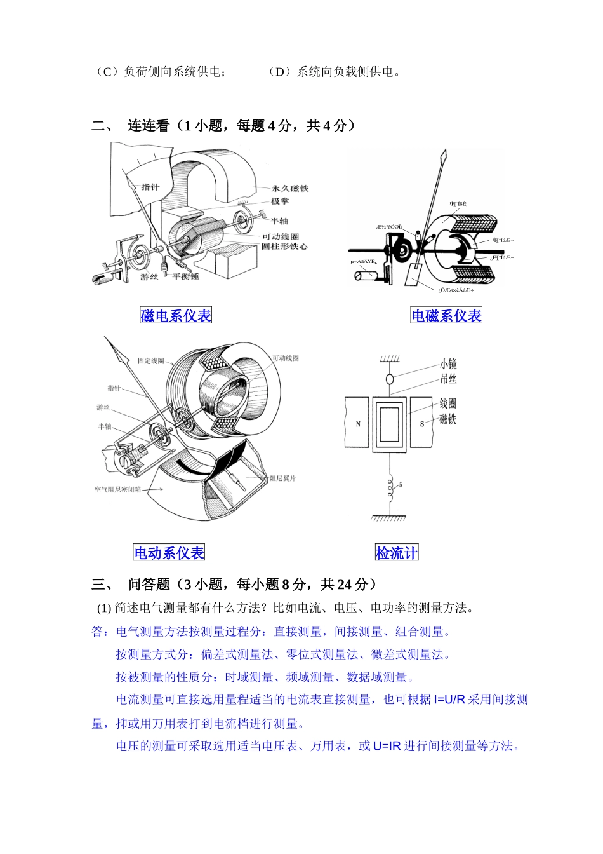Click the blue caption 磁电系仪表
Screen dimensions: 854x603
[x=176, y=316]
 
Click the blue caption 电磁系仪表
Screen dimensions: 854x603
[x=446, y=316]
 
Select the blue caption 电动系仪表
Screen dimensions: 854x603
[x=169, y=553]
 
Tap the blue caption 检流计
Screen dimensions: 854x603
[x=397, y=553]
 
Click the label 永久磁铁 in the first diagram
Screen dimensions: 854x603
[x=289, y=188]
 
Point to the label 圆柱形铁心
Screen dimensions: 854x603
[x=284, y=246]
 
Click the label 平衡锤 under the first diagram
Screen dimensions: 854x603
[x=187, y=277]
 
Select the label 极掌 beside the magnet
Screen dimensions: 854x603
[x=280, y=201]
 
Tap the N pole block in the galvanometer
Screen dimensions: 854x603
[x=357, y=423]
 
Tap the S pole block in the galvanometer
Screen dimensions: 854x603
[x=422, y=423]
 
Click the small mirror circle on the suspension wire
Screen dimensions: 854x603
[x=390, y=379]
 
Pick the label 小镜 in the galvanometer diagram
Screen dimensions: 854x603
[x=448, y=364]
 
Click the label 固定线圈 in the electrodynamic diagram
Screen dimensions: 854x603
[x=150, y=361]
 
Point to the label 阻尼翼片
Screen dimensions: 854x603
[x=282, y=478]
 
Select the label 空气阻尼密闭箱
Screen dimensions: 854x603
[x=118, y=489]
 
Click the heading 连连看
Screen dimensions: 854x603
[x=149, y=126]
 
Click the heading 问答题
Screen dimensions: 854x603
[x=150, y=584]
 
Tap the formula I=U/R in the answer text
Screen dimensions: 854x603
[x=449, y=700]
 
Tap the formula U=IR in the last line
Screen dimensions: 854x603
[x=387, y=746]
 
